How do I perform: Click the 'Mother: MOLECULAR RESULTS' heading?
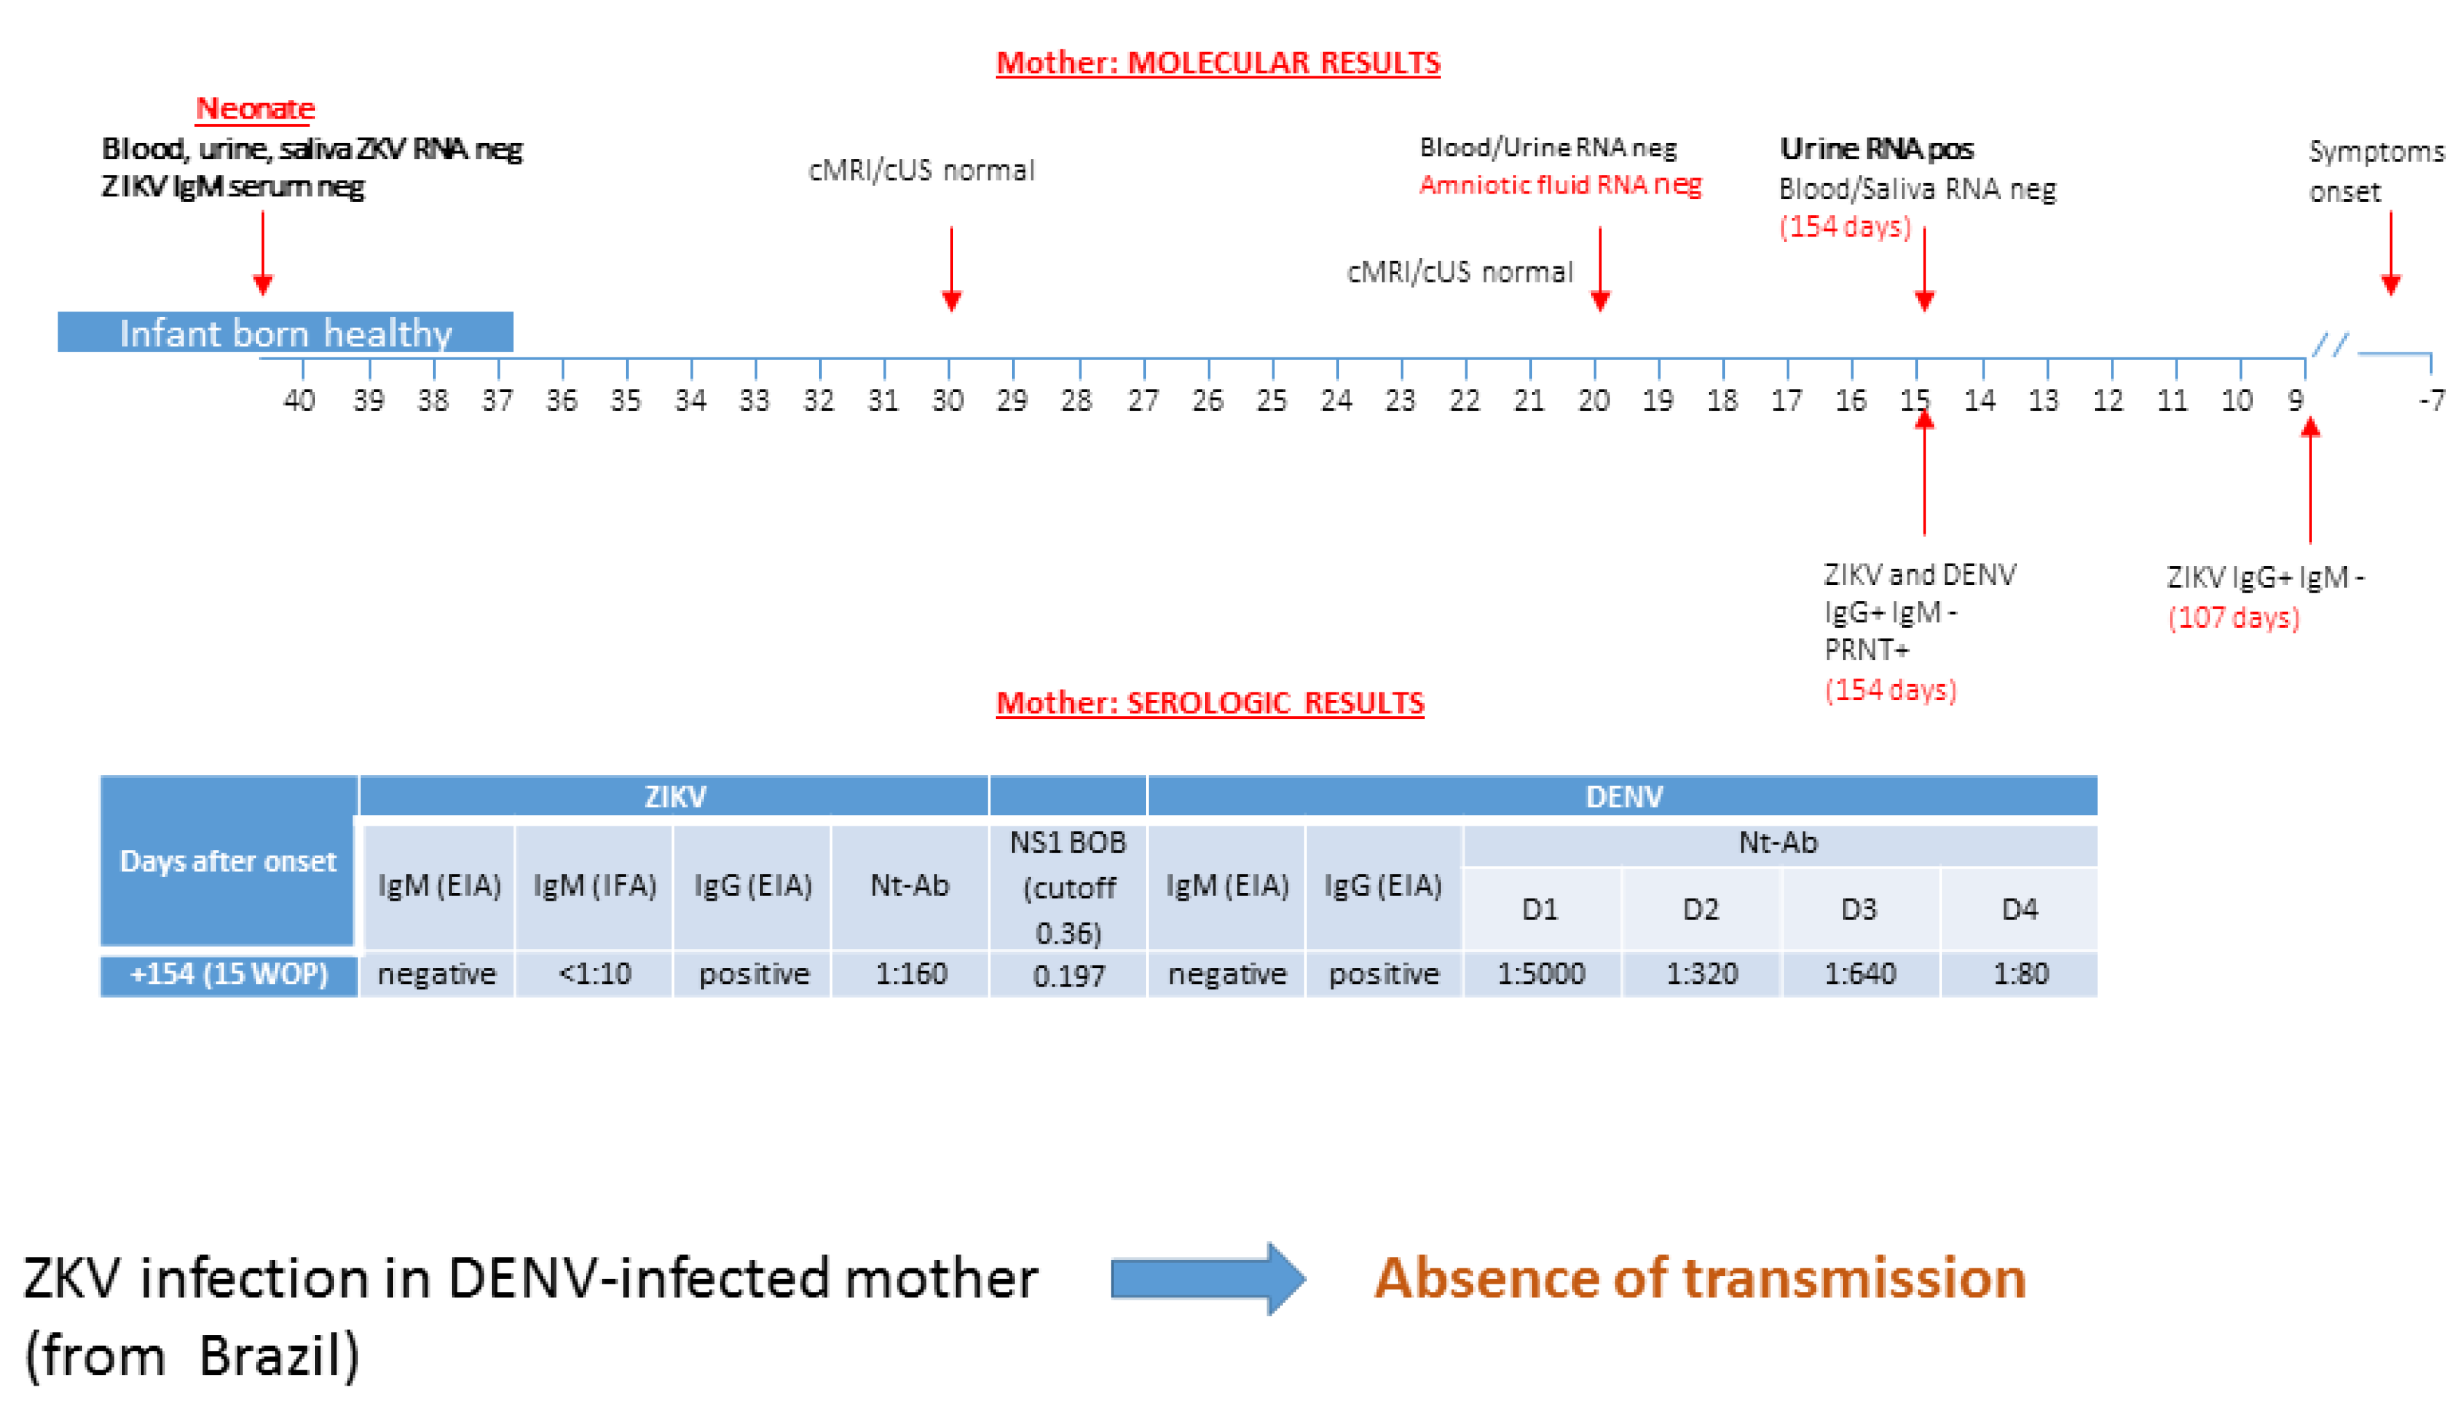pyautogui.click(x=1218, y=63)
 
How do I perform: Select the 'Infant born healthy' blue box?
pyautogui.click(x=285, y=332)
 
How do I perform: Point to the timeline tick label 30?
pyautogui.click(x=947, y=400)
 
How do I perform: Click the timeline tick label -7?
pyautogui.click(x=2431, y=400)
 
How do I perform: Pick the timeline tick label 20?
pyautogui.click(x=1594, y=400)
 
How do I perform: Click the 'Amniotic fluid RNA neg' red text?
pyautogui.click(x=1560, y=185)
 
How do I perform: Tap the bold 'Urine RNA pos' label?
pyautogui.click(x=1876, y=148)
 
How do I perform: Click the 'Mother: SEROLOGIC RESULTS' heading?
pyautogui.click(x=1210, y=702)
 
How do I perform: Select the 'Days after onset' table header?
pyautogui.click(x=228, y=861)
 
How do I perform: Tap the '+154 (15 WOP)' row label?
pyautogui.click(x=229, y=973)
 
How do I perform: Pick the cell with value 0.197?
pyautogui.click(x=1068, y=976)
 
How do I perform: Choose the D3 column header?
pyautogui.click(x=1859, y=910)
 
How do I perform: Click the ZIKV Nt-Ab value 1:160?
pyautogui.click(x=910, y=973)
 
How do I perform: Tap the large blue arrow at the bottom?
pyautogui.click(x=1208, y=1278)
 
